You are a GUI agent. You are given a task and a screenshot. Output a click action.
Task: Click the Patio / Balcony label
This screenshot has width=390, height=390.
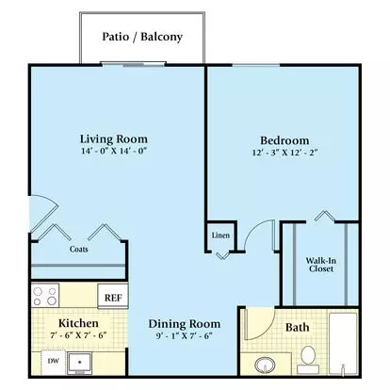click(142, 37)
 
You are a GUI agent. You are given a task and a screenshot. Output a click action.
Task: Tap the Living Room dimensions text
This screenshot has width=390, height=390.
click(114, 151)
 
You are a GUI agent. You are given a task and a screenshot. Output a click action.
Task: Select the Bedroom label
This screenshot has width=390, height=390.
click(284, 140)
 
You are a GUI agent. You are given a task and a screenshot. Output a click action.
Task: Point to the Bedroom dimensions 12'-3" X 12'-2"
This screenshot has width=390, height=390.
click(284, 153)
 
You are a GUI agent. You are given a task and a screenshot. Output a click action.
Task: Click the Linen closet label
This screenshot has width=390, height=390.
click(220, 236)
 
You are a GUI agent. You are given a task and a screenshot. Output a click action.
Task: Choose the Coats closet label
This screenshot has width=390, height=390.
click(78, 249)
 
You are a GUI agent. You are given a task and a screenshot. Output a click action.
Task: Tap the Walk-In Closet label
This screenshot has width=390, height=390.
click(321, 265)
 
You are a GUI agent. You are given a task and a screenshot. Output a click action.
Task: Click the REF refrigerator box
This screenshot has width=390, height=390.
click(113, 297)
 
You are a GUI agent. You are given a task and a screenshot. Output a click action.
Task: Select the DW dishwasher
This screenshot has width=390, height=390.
click(54, 362)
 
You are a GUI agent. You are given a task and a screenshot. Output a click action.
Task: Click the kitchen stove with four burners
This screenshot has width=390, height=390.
click(45, 295)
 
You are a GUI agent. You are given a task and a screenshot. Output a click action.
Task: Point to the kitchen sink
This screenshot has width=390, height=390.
click(80, 363)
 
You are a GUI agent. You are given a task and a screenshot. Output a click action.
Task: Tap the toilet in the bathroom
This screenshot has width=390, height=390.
click(308, 360)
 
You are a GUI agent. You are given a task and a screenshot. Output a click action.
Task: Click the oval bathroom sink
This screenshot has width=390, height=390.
click(265, 366)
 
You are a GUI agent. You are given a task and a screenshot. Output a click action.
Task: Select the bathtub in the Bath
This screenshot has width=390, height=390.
click(343, 343)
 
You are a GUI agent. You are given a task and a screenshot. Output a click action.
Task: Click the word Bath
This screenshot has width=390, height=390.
click(297, 327)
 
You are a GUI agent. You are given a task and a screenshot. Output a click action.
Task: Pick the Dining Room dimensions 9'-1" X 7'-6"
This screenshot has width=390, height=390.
click(185, 336)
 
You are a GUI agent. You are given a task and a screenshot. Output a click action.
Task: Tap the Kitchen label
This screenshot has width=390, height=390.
click(78, 323)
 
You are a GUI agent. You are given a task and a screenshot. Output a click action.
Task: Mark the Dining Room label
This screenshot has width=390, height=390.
click(185, 324)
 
